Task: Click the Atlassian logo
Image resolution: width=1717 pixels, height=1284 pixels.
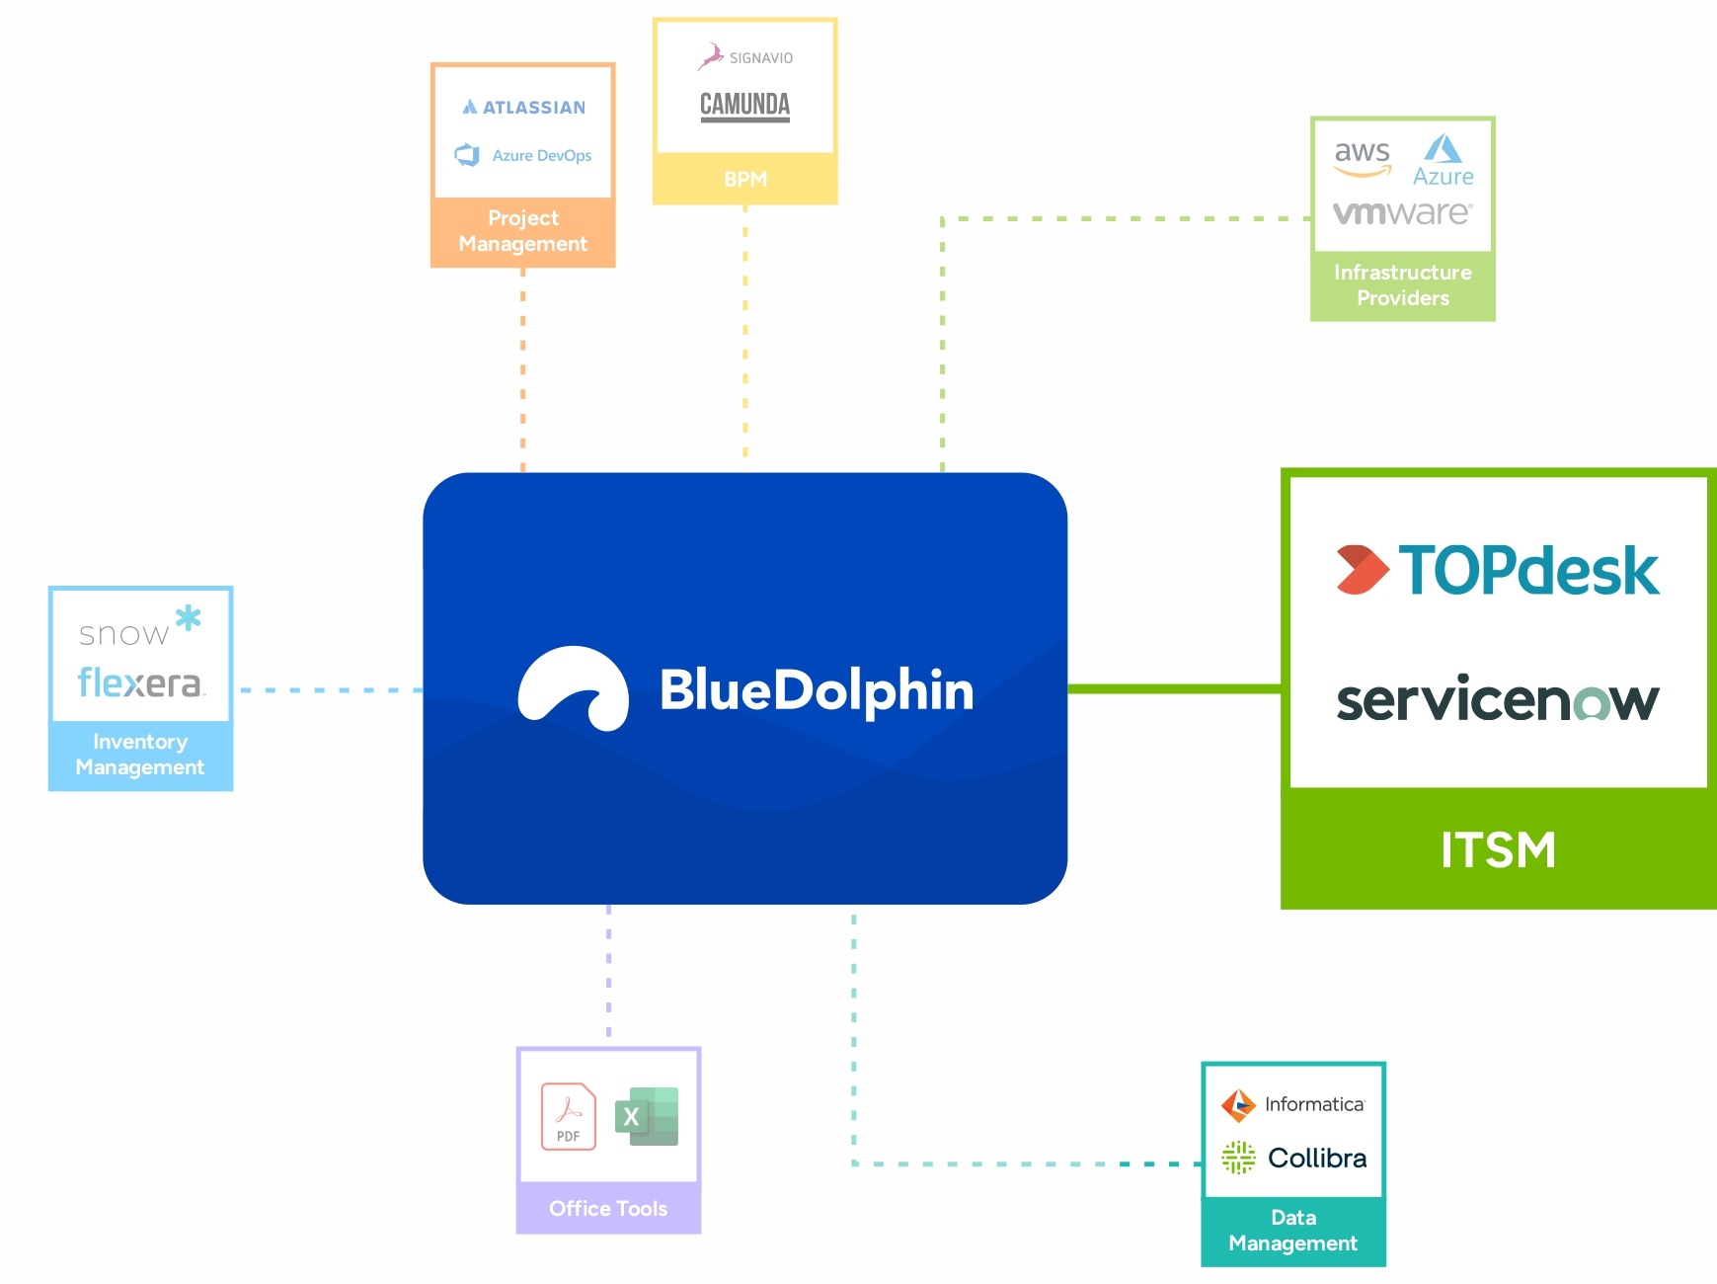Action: point(524,107)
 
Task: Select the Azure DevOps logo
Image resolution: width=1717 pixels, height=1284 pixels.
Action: point(523,155)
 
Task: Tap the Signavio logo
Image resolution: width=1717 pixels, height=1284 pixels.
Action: point(745,56)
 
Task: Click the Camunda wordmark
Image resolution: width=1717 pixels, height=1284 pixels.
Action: point(745,105)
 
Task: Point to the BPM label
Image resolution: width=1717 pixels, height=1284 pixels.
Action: point(745,180)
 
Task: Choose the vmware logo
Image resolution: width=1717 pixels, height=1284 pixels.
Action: point(1402,212)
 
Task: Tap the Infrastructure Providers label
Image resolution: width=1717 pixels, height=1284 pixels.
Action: point(1402,285)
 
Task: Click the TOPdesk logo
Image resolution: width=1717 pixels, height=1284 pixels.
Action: point(1498,570)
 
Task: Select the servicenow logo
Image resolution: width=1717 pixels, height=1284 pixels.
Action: point(1498,699)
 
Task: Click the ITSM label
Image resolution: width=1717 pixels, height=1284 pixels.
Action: point(1498,850)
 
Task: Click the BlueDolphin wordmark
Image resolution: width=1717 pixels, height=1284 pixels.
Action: point(817,689)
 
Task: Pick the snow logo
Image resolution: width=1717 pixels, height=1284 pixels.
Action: point(139,628)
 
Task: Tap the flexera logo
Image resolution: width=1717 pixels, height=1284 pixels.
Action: point(139,682)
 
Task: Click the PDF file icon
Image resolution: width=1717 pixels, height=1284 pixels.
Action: point(569,1117)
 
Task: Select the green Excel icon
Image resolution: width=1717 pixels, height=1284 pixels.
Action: point(647,1116)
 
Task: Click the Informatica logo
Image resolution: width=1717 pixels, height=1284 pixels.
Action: point(1293,1104)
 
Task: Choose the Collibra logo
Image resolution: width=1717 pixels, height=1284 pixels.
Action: point(1293,1158)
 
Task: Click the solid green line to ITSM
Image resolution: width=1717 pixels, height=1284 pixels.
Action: point(1174,688)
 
